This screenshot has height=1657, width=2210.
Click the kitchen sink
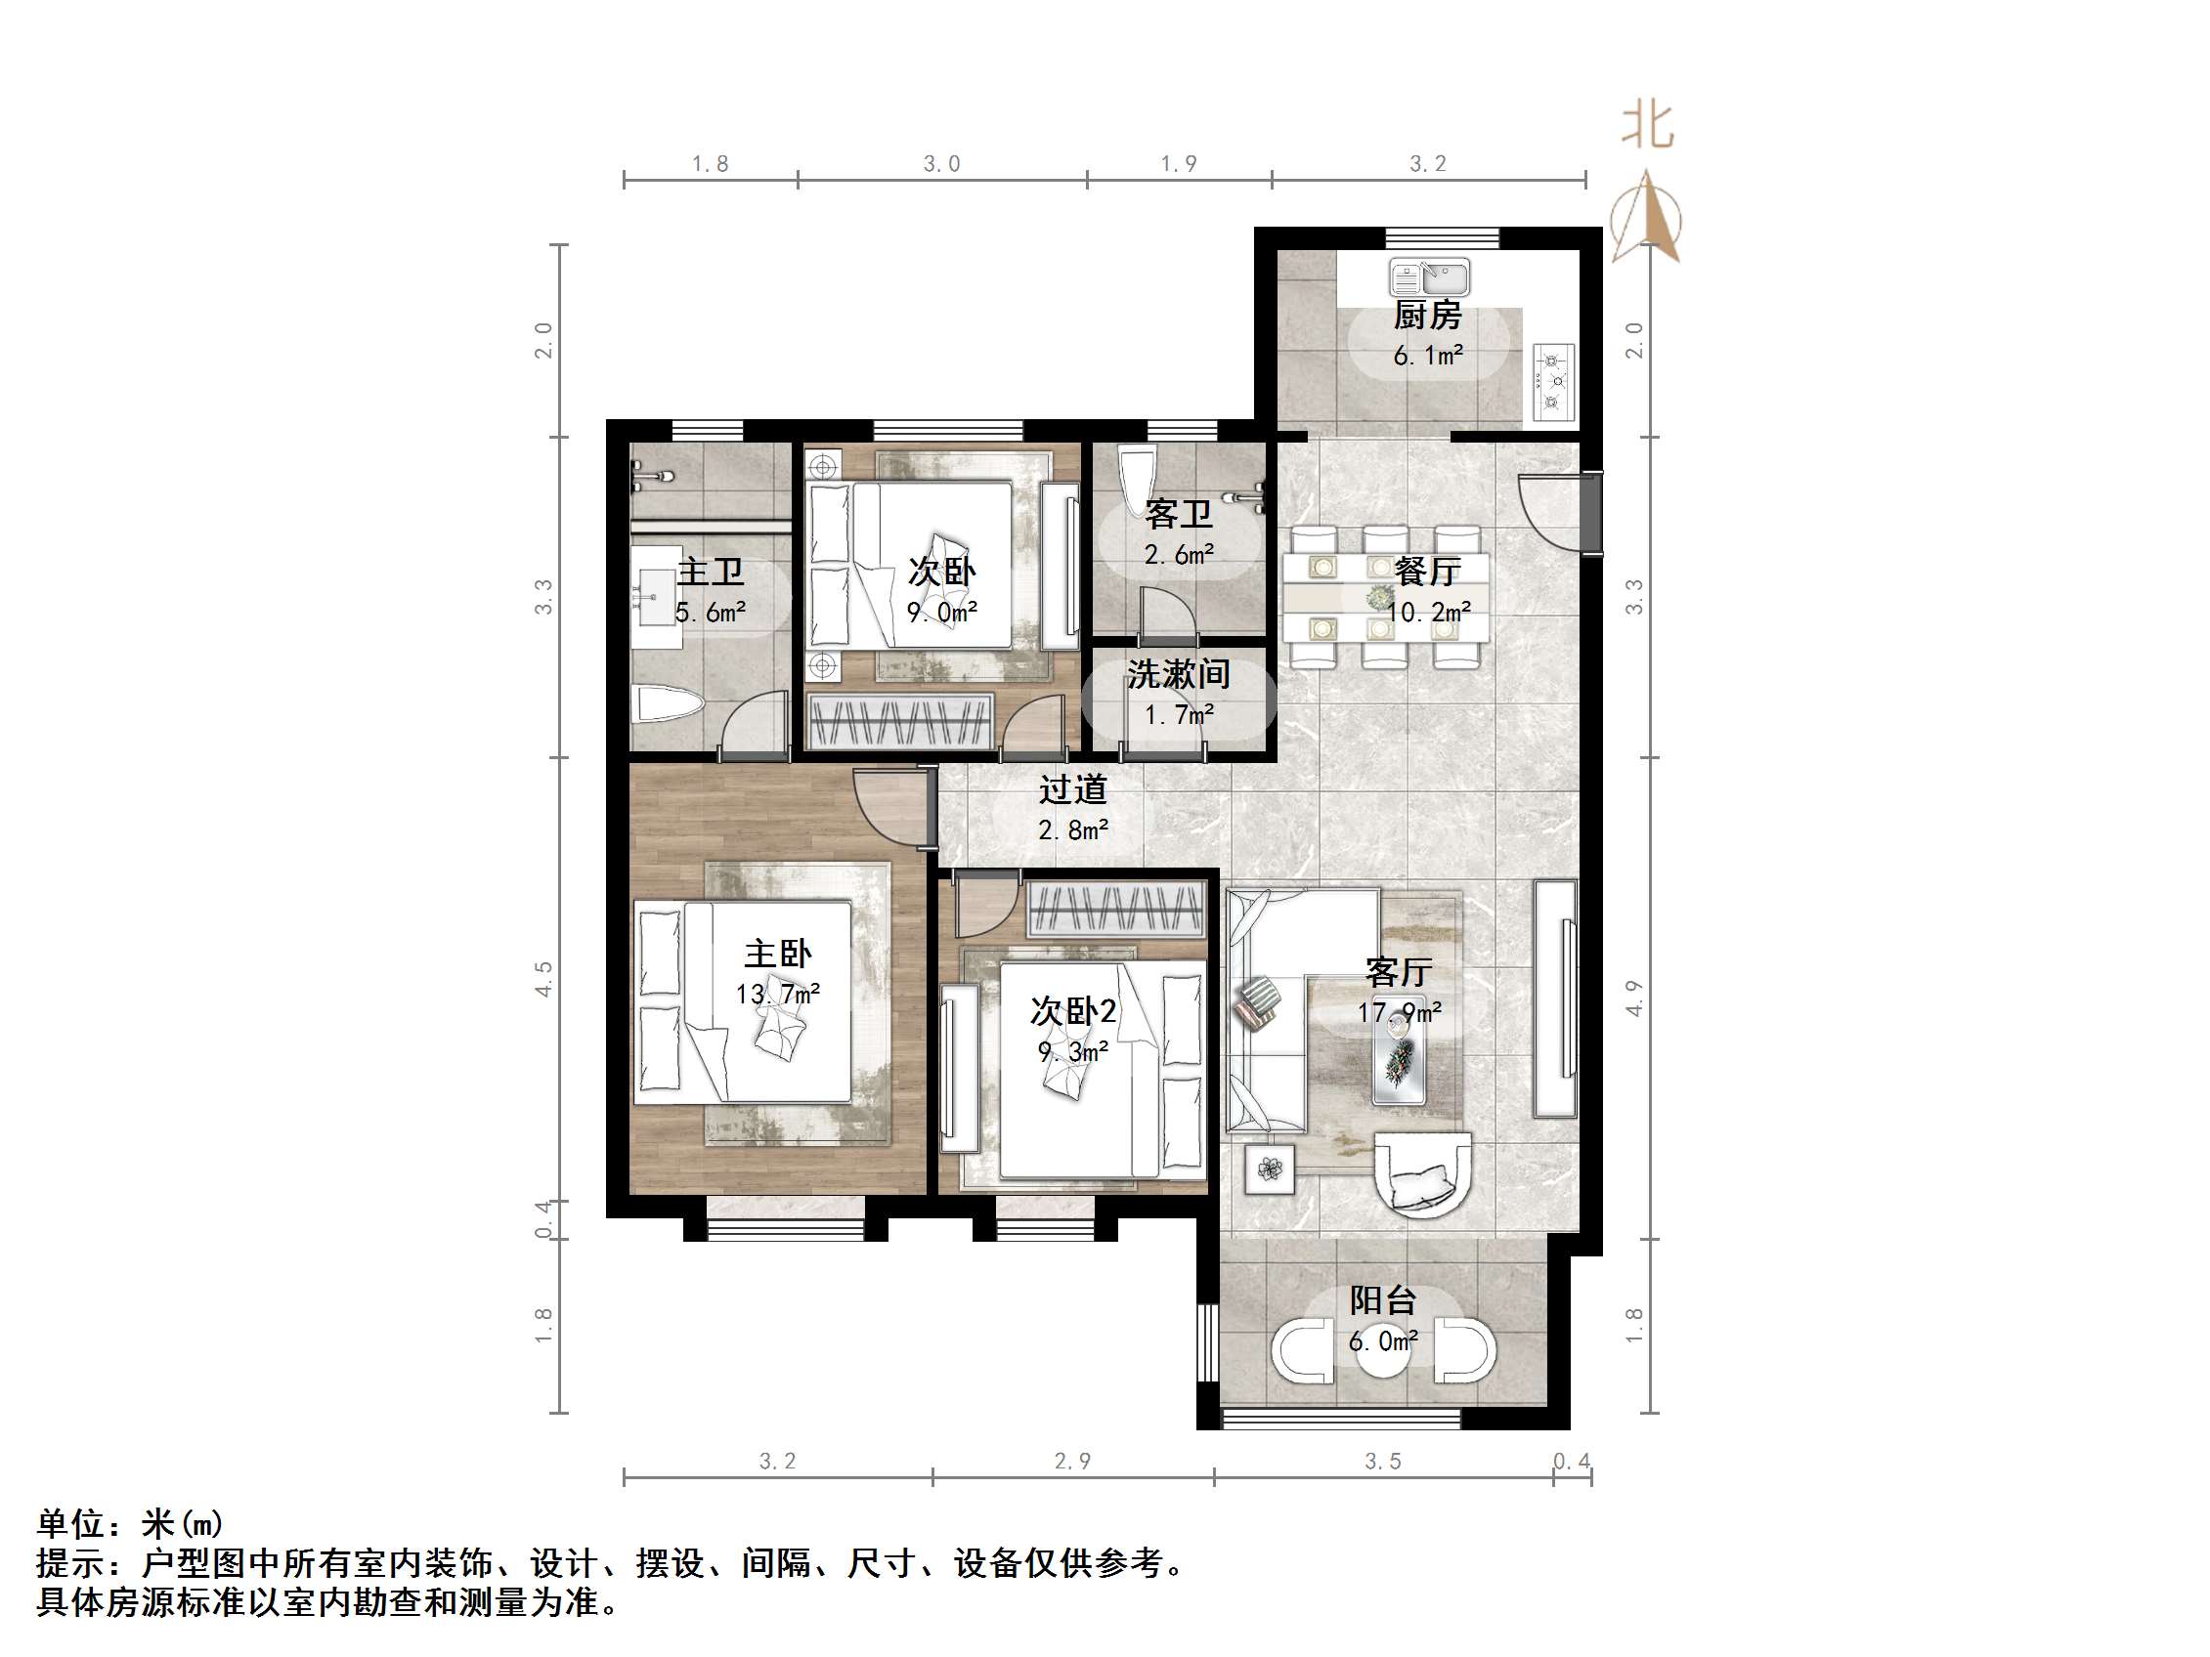point(1429,276)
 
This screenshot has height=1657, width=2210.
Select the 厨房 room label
point(1428,316)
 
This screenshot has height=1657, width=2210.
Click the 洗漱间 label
point(1178,674)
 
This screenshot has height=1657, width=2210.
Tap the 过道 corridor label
point(1073,789)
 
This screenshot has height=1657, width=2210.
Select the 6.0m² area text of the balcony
point(1383,1341)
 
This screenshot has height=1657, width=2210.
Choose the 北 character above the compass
point(1647,127)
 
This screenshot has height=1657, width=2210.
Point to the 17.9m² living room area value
point(1399,1013)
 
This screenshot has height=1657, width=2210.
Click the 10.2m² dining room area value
point(1429,613)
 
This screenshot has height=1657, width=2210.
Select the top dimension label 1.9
point(1179,164)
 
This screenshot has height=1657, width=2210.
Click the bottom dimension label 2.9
point(1073,1462)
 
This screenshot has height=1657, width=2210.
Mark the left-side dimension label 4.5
point(543,979)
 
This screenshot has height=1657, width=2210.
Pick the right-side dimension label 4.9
point(1634,998)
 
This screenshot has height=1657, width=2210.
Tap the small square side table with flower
point(1270,1168)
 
